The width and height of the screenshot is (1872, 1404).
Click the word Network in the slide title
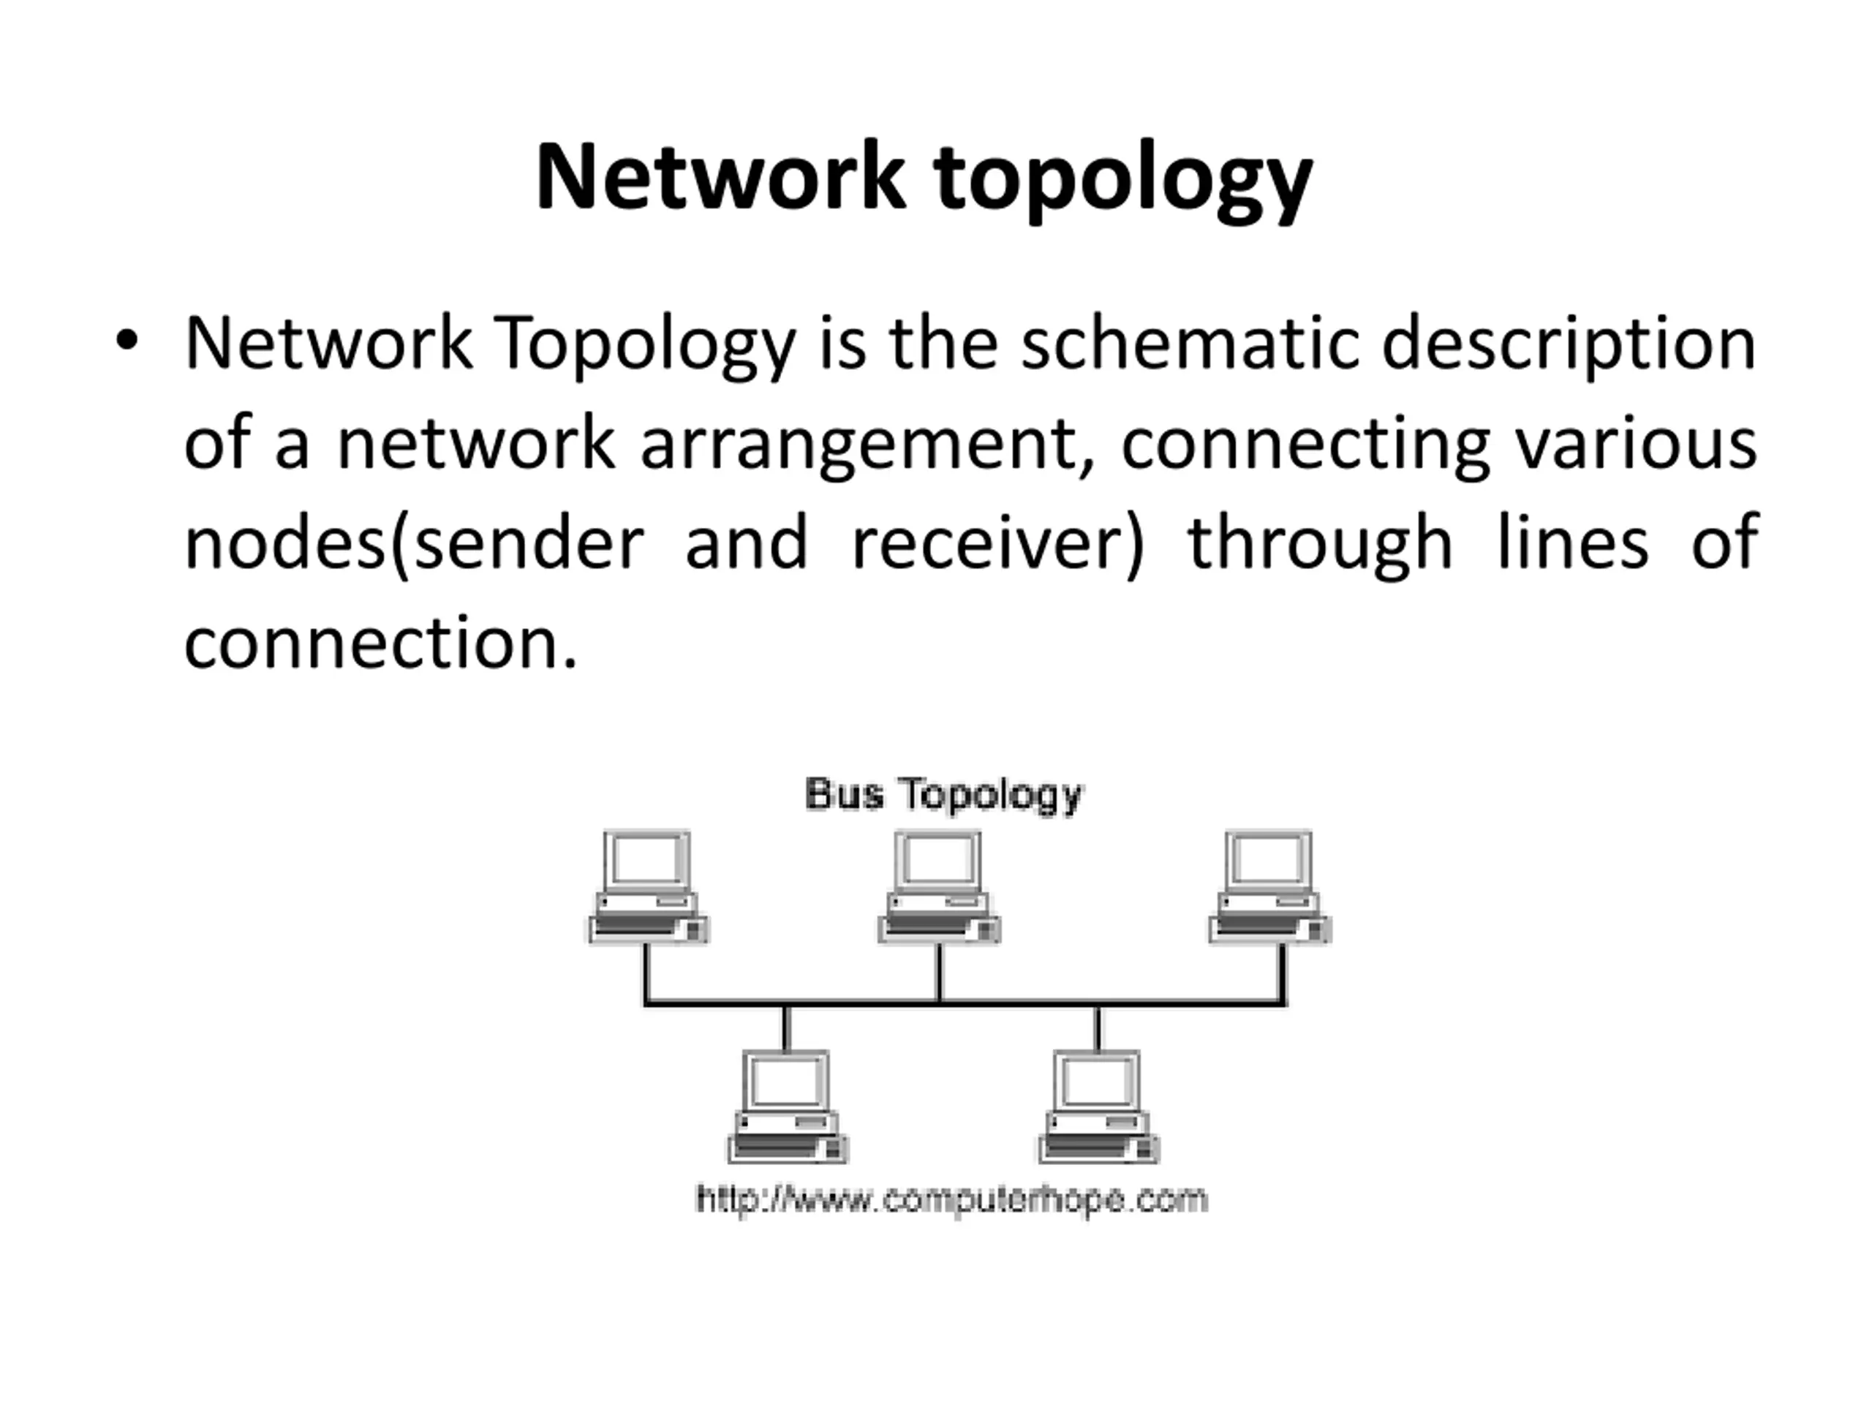click(720, 178)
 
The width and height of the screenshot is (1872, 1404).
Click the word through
click(1319, 546)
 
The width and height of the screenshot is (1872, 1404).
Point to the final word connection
click(380, 645)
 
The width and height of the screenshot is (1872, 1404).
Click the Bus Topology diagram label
click(943, 795)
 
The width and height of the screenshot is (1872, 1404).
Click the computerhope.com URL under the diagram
click(951, 1199)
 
